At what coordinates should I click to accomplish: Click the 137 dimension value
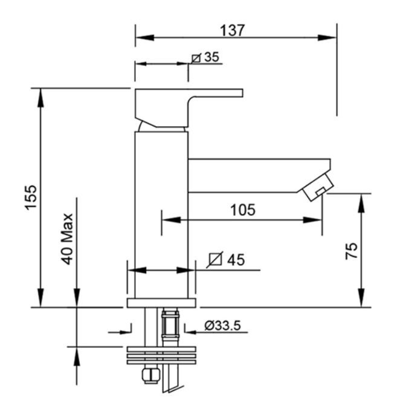(232, 30)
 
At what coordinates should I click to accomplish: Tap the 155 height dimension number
(31, 198)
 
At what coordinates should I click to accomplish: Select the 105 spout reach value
(243, 210)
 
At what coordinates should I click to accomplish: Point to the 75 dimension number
(351, 251)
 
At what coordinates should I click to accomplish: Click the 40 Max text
(67, 239)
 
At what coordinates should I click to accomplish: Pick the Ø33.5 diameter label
(222, 326)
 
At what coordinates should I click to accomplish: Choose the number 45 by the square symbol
(236, 260)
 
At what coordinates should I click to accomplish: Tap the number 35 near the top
(211, 57)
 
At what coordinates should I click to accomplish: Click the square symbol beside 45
(215, 259)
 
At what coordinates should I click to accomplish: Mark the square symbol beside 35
(196, 59)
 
